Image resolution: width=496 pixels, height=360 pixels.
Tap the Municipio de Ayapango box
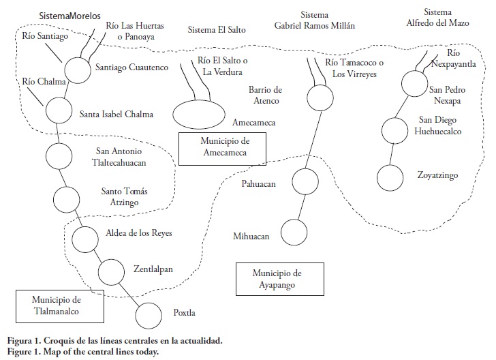tap(277, 279)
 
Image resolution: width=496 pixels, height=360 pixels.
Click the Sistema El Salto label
tap(216, 30)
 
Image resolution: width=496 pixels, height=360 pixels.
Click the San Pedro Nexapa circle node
tap(413, 84)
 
